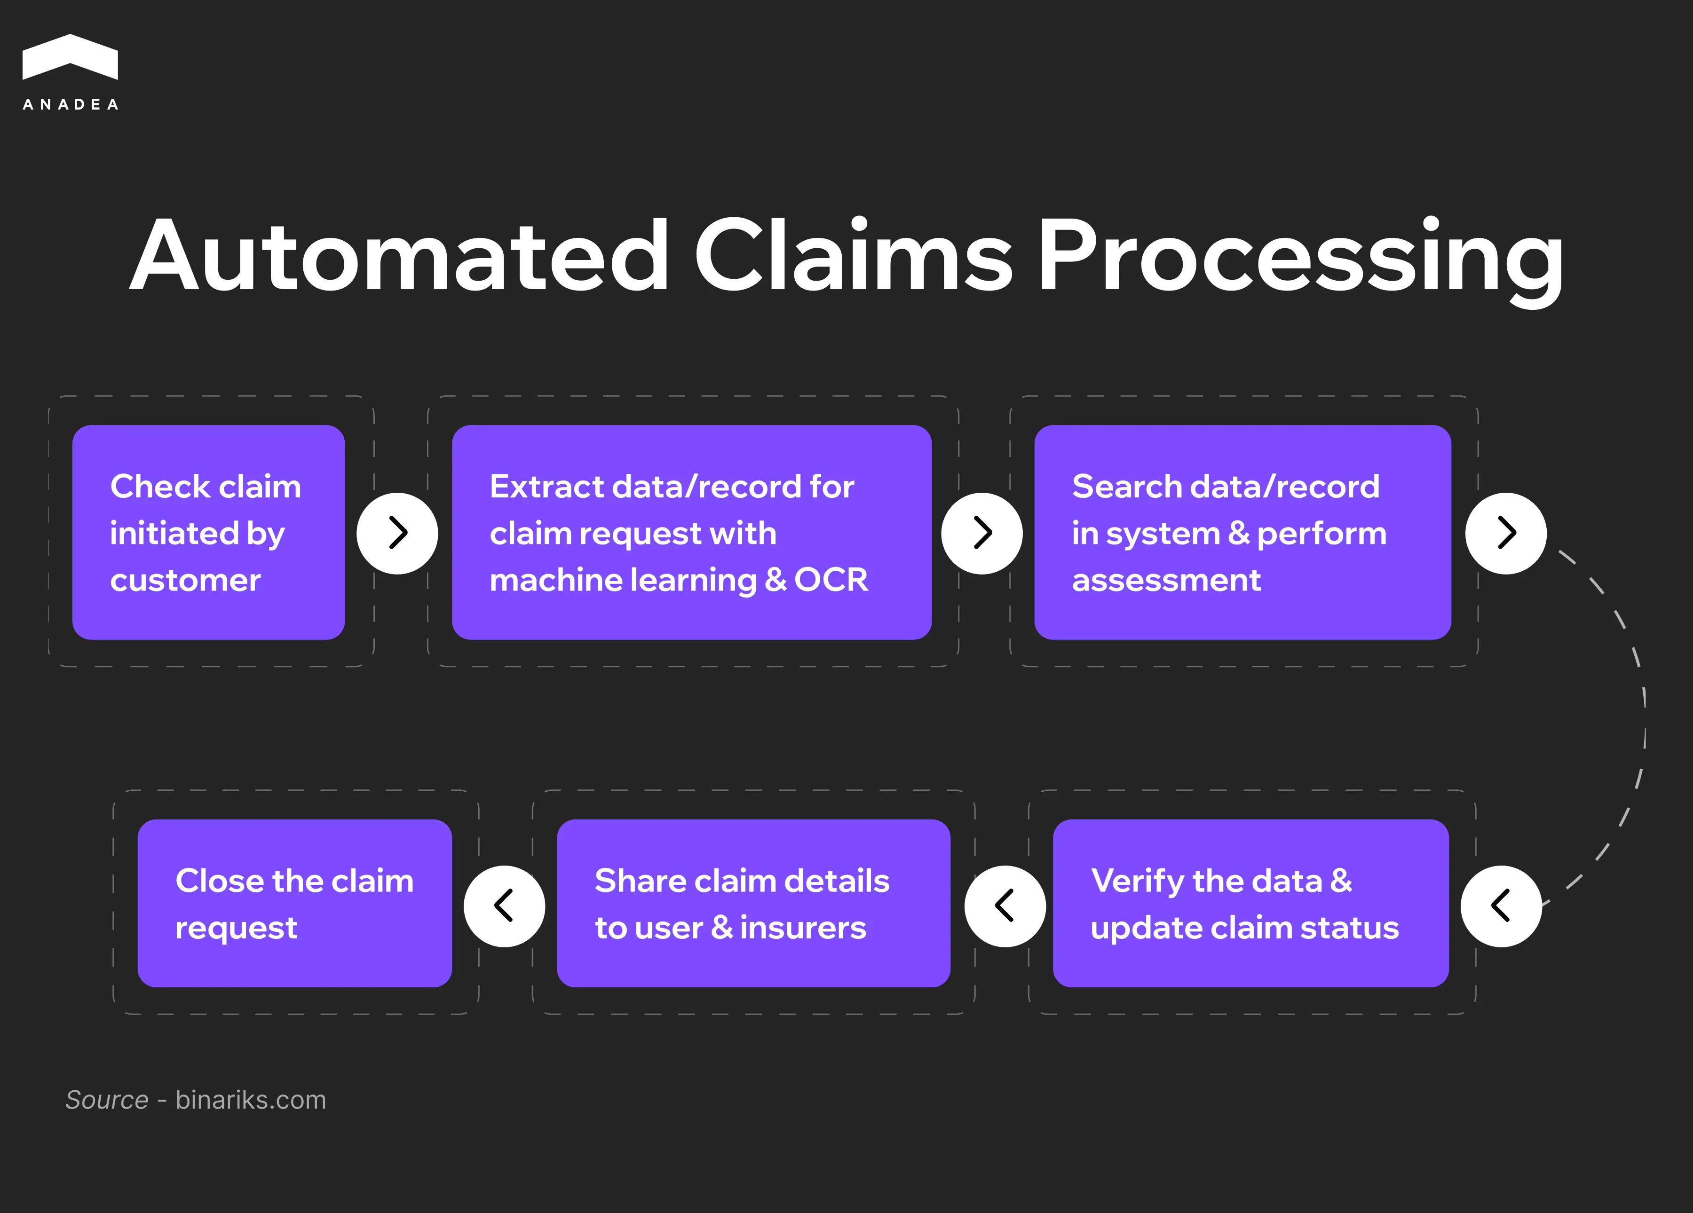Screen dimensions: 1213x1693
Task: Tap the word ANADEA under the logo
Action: (x=70, y=104)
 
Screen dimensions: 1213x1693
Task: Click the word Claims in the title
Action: (x=853, y=256)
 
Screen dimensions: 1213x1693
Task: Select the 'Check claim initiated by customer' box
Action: (x=208, y=532)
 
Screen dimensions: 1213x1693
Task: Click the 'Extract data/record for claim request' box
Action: (x=691, y=532)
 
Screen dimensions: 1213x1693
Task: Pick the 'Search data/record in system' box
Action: (x=1242, y=532)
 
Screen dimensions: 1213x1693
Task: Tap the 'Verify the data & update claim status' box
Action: (x=1250, y=903)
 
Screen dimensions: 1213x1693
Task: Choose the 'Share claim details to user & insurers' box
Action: (x=753, y=903)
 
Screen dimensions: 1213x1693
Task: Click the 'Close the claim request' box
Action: (x=294, y=903)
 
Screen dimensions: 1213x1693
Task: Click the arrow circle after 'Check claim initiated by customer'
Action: (x=397, y=533)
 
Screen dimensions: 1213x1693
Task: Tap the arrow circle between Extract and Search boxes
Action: (x=981, y=533)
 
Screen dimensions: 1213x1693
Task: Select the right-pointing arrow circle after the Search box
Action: (x=1506, y=533)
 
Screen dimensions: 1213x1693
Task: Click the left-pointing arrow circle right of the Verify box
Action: (x=1501, y=906)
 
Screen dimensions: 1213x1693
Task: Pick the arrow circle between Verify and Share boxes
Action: (x=1005, y=906)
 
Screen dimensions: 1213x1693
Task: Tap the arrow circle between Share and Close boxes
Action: (x=504, y=906)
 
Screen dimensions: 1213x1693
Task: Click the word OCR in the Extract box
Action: (x=831, y=580)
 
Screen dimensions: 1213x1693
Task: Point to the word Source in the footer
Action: (x=107, y=1100)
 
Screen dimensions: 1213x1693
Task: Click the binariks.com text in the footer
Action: (x=251, y=1100)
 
